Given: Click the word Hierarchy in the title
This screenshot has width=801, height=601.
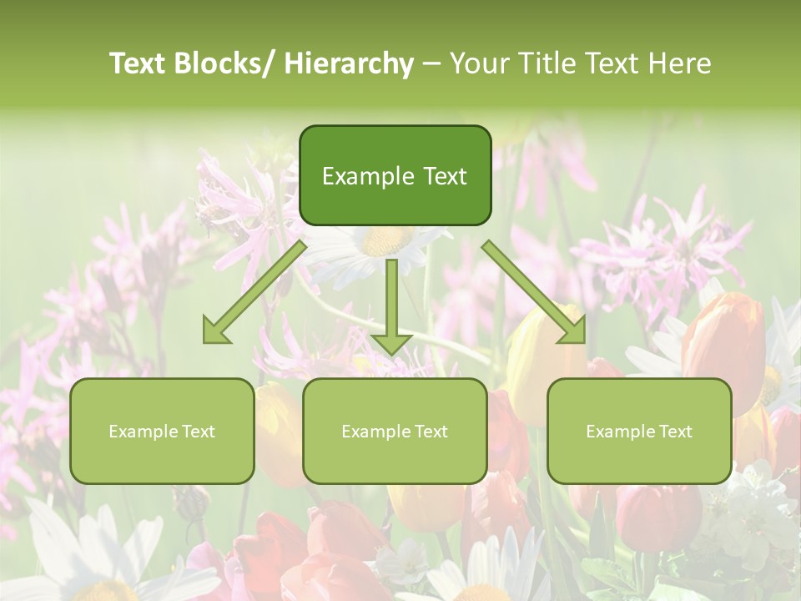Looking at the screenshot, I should (349, 63).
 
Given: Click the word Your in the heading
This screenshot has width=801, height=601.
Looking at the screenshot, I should (480, 63).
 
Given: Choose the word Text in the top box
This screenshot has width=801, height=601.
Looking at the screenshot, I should (443, 176).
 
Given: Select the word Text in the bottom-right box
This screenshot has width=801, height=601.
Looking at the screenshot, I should (675, 432).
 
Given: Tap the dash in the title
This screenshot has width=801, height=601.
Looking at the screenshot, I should (431, 63).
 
